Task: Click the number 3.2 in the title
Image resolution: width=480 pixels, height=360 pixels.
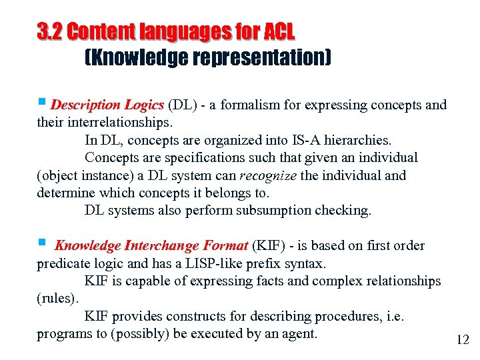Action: [50, 31]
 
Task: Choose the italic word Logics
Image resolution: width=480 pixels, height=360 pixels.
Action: [143, 105]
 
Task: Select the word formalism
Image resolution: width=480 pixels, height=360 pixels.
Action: [251, 105]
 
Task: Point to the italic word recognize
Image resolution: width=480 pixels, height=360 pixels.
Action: [268, 176]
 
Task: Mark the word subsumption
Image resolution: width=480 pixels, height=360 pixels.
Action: [283, 211]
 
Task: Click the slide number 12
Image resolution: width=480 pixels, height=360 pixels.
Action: [463, 340]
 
